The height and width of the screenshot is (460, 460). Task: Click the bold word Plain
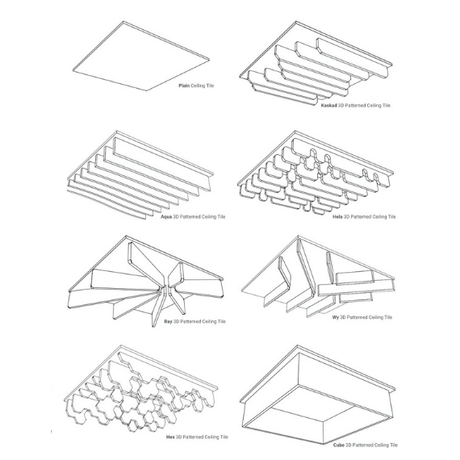click(x=184, y=86)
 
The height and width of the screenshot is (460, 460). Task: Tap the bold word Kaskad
click(x=328, y=106)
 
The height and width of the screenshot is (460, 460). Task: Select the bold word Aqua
click(x=166, y=217)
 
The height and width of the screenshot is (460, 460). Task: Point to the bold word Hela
click(x=337, y=217)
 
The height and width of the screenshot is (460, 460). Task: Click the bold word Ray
click(x=168, y=321)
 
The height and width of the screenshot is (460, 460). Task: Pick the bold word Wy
click(x=336, y=317)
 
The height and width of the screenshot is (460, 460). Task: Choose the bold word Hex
click(x=170, y=437)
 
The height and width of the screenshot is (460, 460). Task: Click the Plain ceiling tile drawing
click(x=141, y=56)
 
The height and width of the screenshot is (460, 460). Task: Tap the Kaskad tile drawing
click(x=316, y=63)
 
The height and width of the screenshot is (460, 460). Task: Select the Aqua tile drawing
click(x=140, y=175)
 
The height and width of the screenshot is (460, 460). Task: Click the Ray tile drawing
click(x=145, y=281)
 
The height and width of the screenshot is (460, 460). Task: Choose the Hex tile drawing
click(x=140, y=389)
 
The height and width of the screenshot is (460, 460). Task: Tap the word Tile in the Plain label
click(x=211, y=86)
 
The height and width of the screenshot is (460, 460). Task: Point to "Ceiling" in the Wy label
click(x=375, y=317)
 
